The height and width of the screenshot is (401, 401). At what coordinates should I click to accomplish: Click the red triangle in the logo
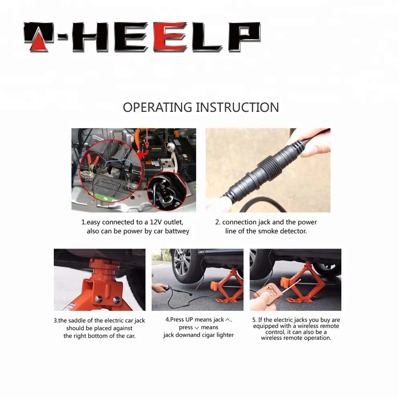(39, 41)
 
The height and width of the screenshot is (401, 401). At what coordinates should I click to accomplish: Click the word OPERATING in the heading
(157, 107)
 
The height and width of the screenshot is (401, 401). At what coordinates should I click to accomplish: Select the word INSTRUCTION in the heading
(237, 107)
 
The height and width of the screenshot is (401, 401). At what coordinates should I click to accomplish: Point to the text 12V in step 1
(156, 222)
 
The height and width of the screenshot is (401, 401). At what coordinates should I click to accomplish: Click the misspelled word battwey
(177, 231)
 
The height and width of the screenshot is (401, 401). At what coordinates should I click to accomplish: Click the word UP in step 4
(189, 320)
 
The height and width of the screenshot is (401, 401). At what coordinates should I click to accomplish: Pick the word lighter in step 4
(225, 335)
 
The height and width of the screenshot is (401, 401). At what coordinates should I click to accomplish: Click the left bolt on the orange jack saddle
(99, 298)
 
